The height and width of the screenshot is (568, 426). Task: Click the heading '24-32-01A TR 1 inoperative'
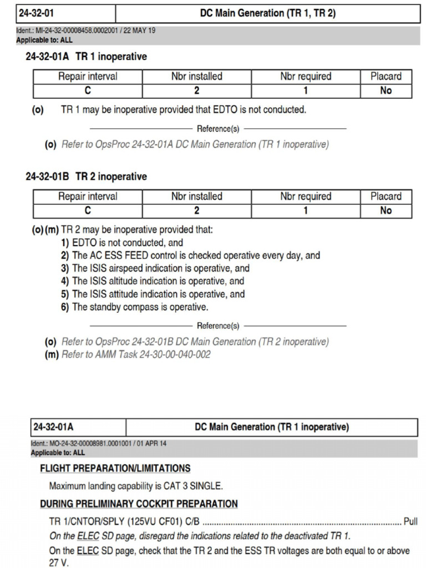pyautogui.click(x=86, y=57)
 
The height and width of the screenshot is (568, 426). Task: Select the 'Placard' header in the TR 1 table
pyautogui.click(x=386, y=77)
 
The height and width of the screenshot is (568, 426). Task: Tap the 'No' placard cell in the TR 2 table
pyautogui.click(x=386, y=210)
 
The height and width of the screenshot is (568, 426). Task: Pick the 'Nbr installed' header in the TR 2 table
pyautogui.click(x=196, y=196)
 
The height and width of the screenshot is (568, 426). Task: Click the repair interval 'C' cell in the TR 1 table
pyautogui.click(x=88, y=90)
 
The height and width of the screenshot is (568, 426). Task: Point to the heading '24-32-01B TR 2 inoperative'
pyautogui.click(x=86, y=176)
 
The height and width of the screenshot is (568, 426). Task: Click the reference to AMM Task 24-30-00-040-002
pyautogui.click(x=135, y=354)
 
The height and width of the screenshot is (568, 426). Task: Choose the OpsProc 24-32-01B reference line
pyautogui.click(x=195, y=342)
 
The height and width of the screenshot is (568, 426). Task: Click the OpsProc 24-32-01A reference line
pyautogui.click(x=195, y=144)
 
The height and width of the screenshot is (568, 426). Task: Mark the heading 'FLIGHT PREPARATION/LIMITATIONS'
pyautogui.click(x=115, y=468)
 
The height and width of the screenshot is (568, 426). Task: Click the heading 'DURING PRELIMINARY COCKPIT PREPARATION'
pyautogui.click(x=139, y=504)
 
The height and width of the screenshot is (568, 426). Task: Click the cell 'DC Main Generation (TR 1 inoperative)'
pyautogui.click(x=271, y=427)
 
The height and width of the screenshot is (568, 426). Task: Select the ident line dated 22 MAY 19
pyautogui.click(x=86, y=31)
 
